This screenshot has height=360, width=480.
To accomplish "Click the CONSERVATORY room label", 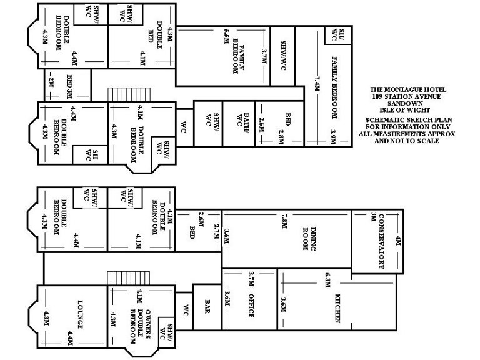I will tap(381, 241).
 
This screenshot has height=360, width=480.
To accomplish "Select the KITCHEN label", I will tap(337, 307).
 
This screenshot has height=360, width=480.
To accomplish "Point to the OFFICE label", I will tap(251, 306).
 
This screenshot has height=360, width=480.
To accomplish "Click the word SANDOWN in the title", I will tap(410, 102).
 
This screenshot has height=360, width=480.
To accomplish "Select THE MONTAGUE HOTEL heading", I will tap(410, 90).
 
